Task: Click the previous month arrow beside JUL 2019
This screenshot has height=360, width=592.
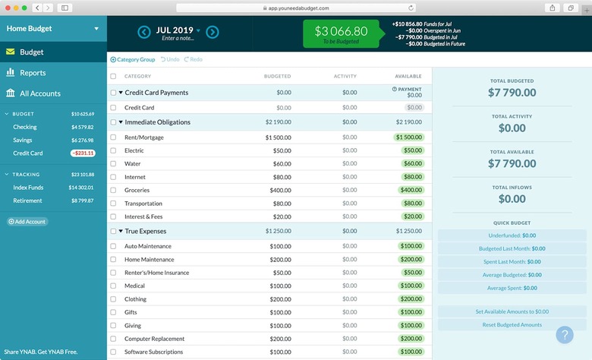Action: (x=144, y=32)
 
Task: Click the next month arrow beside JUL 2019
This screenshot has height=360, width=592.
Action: (x=213, y=32)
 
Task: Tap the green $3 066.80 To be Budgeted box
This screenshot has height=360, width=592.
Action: (x=342, y=34)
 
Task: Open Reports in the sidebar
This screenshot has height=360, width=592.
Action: (x=33, y=73)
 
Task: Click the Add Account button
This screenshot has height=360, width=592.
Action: (x=27, y=222)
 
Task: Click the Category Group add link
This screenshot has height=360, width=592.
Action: (x=133, y=59)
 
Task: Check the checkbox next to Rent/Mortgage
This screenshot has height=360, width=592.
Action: (x=113, y=137)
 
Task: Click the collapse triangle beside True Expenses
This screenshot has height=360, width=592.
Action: (x=121, y=232)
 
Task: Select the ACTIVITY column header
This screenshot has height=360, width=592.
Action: (x=345, y=76)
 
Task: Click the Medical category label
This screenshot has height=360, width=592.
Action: (x=135, y=286)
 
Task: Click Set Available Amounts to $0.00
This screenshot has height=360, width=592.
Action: (x=512, y=311)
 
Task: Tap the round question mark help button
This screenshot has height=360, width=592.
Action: (x=565, y=335)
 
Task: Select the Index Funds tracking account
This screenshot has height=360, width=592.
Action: (x=29, y=188)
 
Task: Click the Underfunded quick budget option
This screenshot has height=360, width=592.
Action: (x=512, y=235)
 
